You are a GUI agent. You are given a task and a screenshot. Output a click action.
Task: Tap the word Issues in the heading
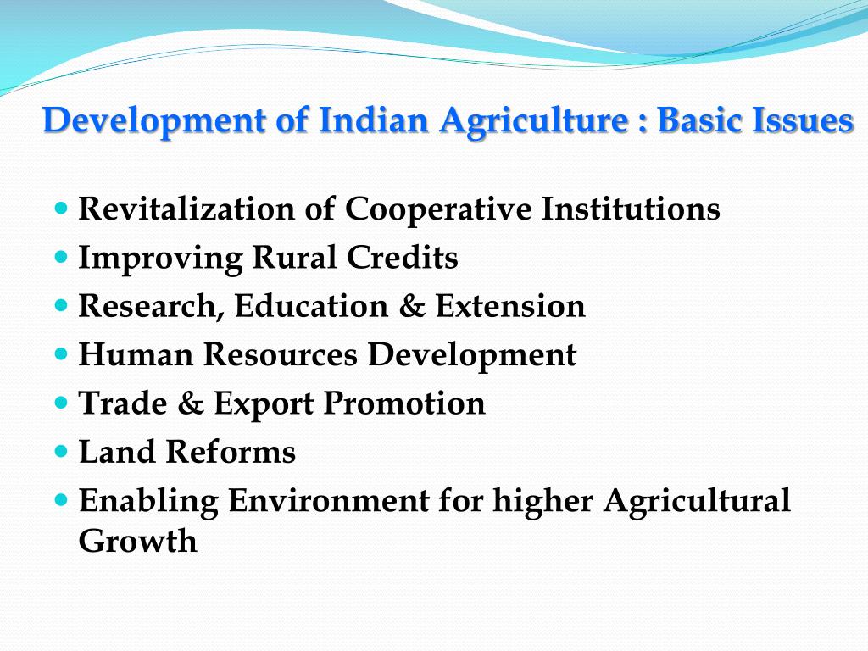(x=803, y=120)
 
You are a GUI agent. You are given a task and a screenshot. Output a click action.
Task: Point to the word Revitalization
(x=186, y=209)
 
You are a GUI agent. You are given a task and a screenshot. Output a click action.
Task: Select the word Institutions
(x=631, y=209)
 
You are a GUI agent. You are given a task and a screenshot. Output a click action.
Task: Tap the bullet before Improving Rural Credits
(x=60, y=254)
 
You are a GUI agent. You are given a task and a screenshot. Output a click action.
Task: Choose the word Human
(x=136, y=354)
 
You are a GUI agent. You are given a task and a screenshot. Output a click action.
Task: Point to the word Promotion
(x=404, y=403)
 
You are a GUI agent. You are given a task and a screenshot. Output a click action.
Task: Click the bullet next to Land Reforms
(x=60, y=450)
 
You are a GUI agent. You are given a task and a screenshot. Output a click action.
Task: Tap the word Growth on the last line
(x=137, y=541)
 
